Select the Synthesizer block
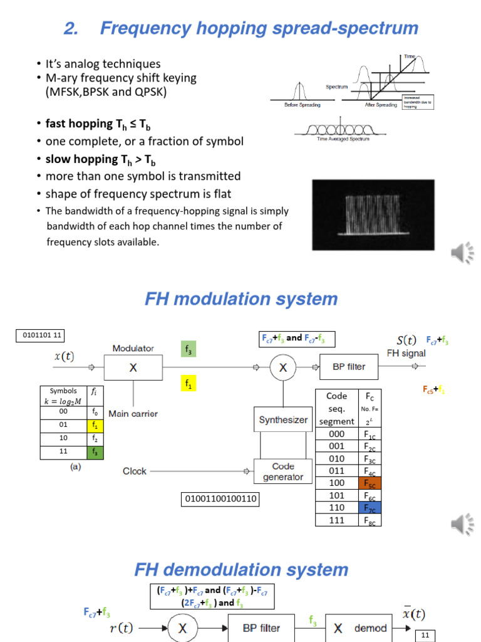pyautogui.click(x=283, y=420)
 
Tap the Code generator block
pyautogui.click(x=283, y=471)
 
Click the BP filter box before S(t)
pyautogui.click(x=349, y=367)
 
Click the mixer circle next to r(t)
pyautogui.click(x=183, y=628)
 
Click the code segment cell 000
pyautogui.click(x=336, y=434)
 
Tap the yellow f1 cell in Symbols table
pyautogui.click(x=95, y=424)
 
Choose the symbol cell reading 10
pyautogui.click(x=63, y=438)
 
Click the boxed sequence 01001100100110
pyautogui.click(x=220, y=499)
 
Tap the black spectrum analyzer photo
pyautogui.click(x=373, y=215)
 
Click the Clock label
pyautogui.click(x=135, y=471)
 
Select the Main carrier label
pyautogui.click(x=133, y=413)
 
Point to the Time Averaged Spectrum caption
pyautogui.click(x=341, y=139)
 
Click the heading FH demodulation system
pyautogui.click(x=241, y=570)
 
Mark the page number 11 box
pyautogui.click(x=425, y=635)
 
